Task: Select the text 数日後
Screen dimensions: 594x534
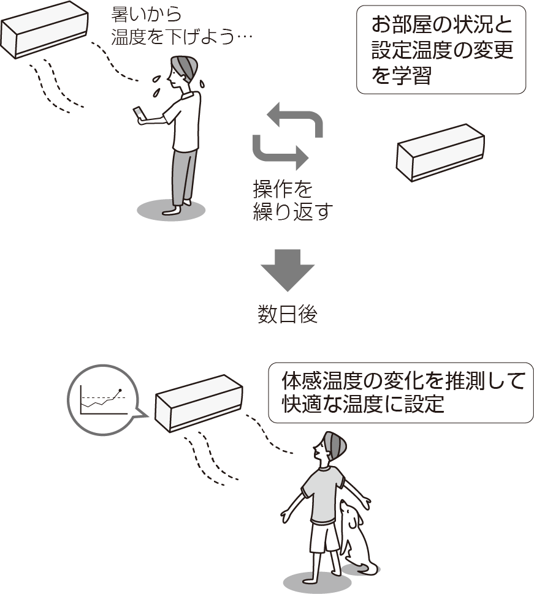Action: pyautogui.click(x=287, y=314)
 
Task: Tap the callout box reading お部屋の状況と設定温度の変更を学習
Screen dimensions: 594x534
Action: pyautogui.click(x=441, y=50)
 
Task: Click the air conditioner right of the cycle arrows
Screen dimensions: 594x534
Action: pyautogui.click(x=440, y=151)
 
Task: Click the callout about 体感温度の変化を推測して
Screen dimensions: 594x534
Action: pyautogui.click(x=401, y=393)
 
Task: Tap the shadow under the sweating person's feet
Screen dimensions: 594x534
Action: pyautogui.click(x=170, y=210)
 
